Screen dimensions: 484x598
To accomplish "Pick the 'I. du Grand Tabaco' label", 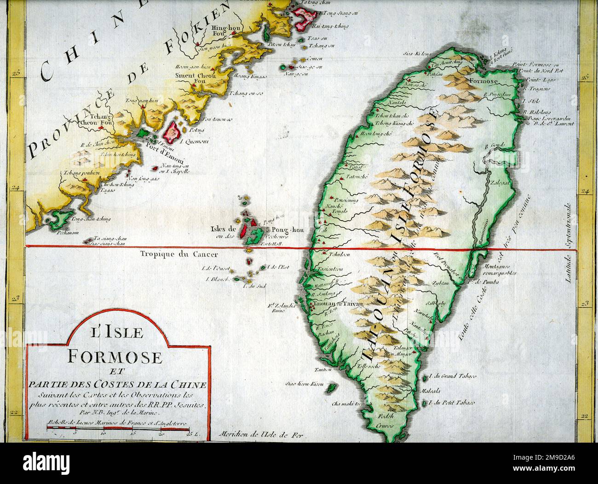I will pos(453,376).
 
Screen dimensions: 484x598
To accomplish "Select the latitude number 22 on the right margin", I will pos(585,416).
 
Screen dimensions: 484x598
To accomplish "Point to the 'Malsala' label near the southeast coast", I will pos(437,391).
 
